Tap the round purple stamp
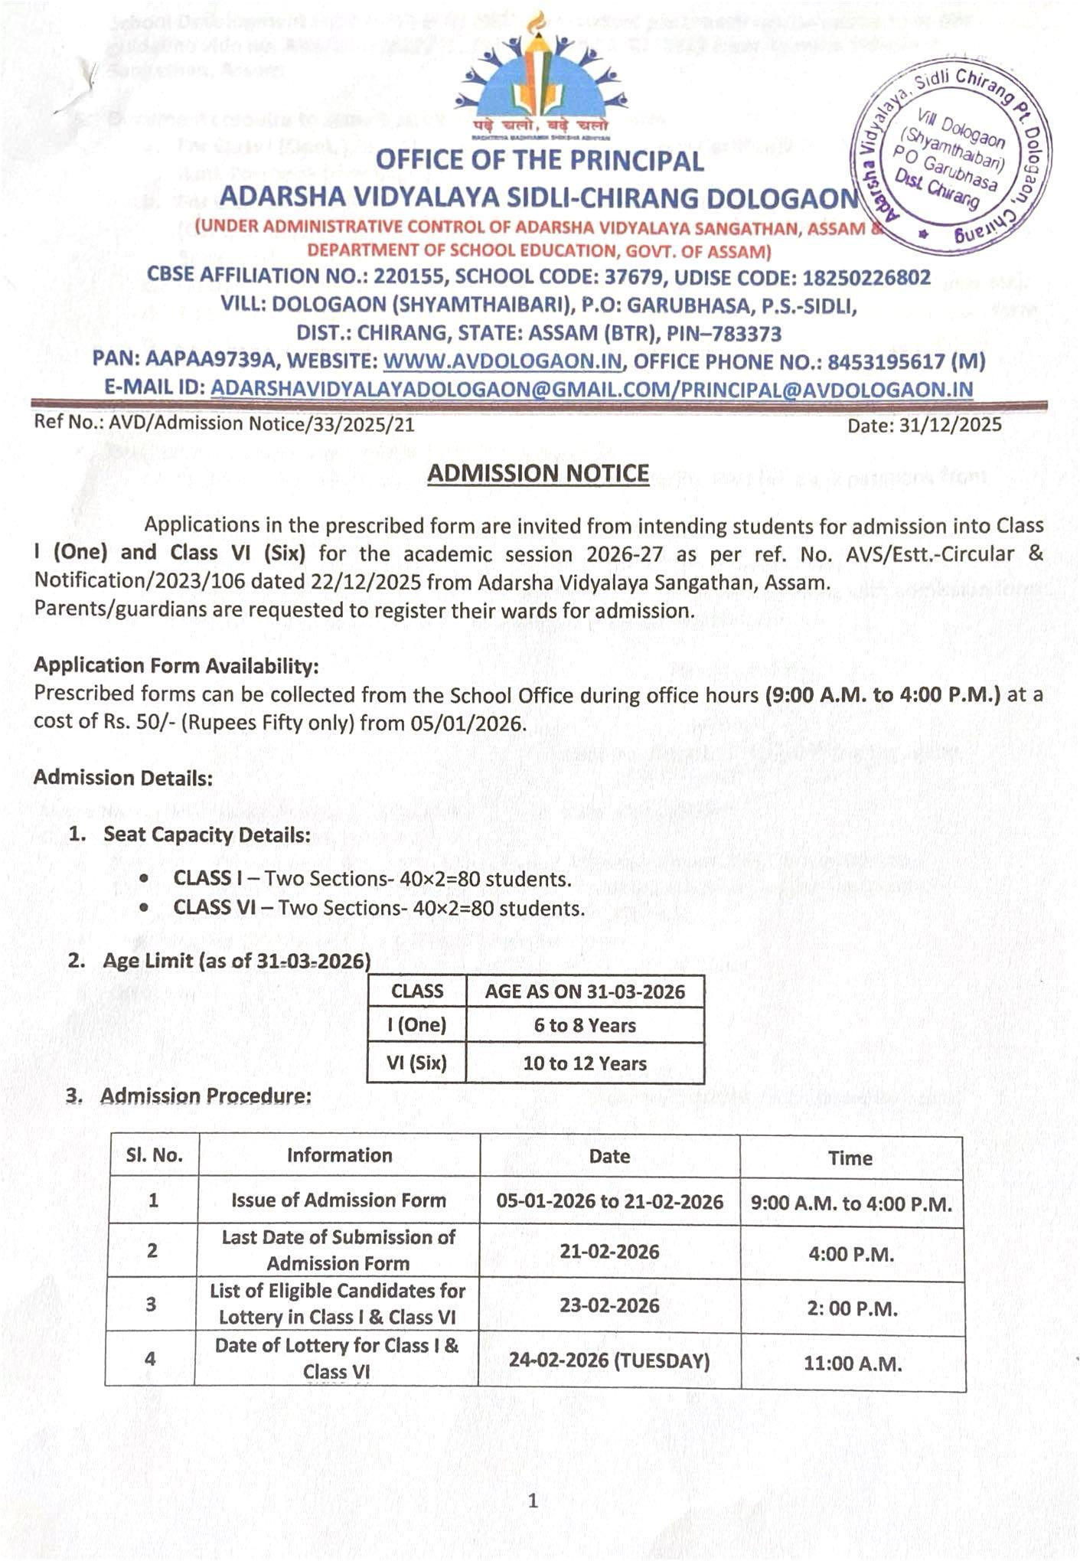point(951,156)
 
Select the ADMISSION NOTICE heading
point(537,474)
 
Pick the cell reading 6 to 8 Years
point(585,1025)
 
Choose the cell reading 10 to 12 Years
point(585,1063)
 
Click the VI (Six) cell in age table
point(416,1063)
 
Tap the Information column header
point(339,1155)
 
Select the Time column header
point(850,1158)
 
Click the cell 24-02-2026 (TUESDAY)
point(609,1360)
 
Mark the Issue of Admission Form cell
point(338,1200)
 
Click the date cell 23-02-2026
point(609,1305)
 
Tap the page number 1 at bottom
point(533,1501)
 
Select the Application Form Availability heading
point(176,666)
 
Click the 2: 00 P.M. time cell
point(852,1308)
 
